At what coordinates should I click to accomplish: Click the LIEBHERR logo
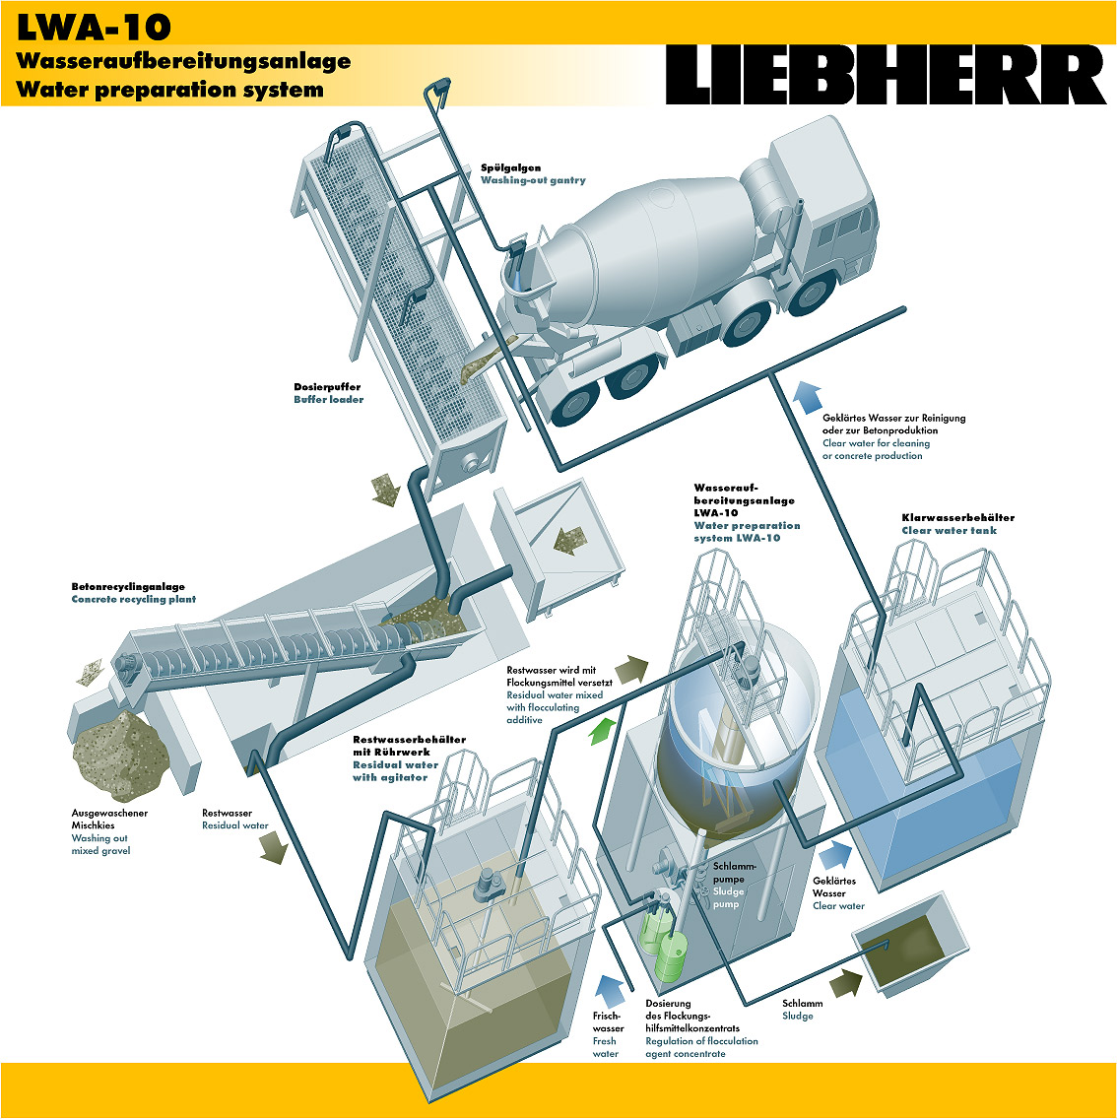(886, 75)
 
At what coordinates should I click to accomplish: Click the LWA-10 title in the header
(94, 26)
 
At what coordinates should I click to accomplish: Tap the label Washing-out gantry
(533, 180)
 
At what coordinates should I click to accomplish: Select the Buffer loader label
(328, 399)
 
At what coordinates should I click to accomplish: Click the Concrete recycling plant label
(133, 599)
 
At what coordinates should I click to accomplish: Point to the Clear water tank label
(949, 530)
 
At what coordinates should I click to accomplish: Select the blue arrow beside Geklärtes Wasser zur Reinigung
(807, 396)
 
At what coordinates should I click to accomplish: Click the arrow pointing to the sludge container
(845, 982)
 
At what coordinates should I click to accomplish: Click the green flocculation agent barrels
(663, 946)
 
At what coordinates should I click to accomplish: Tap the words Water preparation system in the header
(169, 90)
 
